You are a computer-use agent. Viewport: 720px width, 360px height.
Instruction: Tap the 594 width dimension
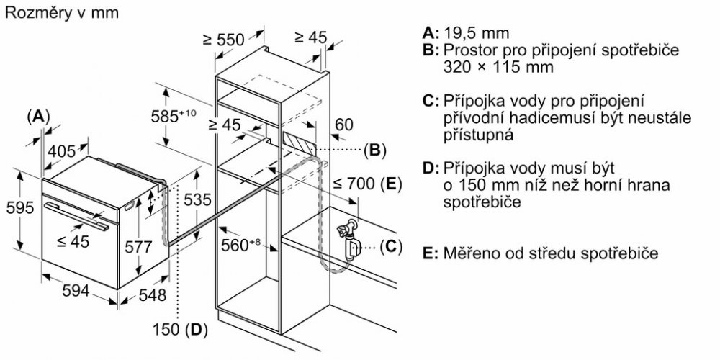tap(76, 291)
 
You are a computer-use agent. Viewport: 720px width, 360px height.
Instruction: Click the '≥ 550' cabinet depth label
tap(224, 40)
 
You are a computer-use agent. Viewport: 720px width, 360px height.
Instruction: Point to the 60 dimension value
tap(344, 125)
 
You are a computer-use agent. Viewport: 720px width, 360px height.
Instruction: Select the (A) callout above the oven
tap(40, 115)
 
